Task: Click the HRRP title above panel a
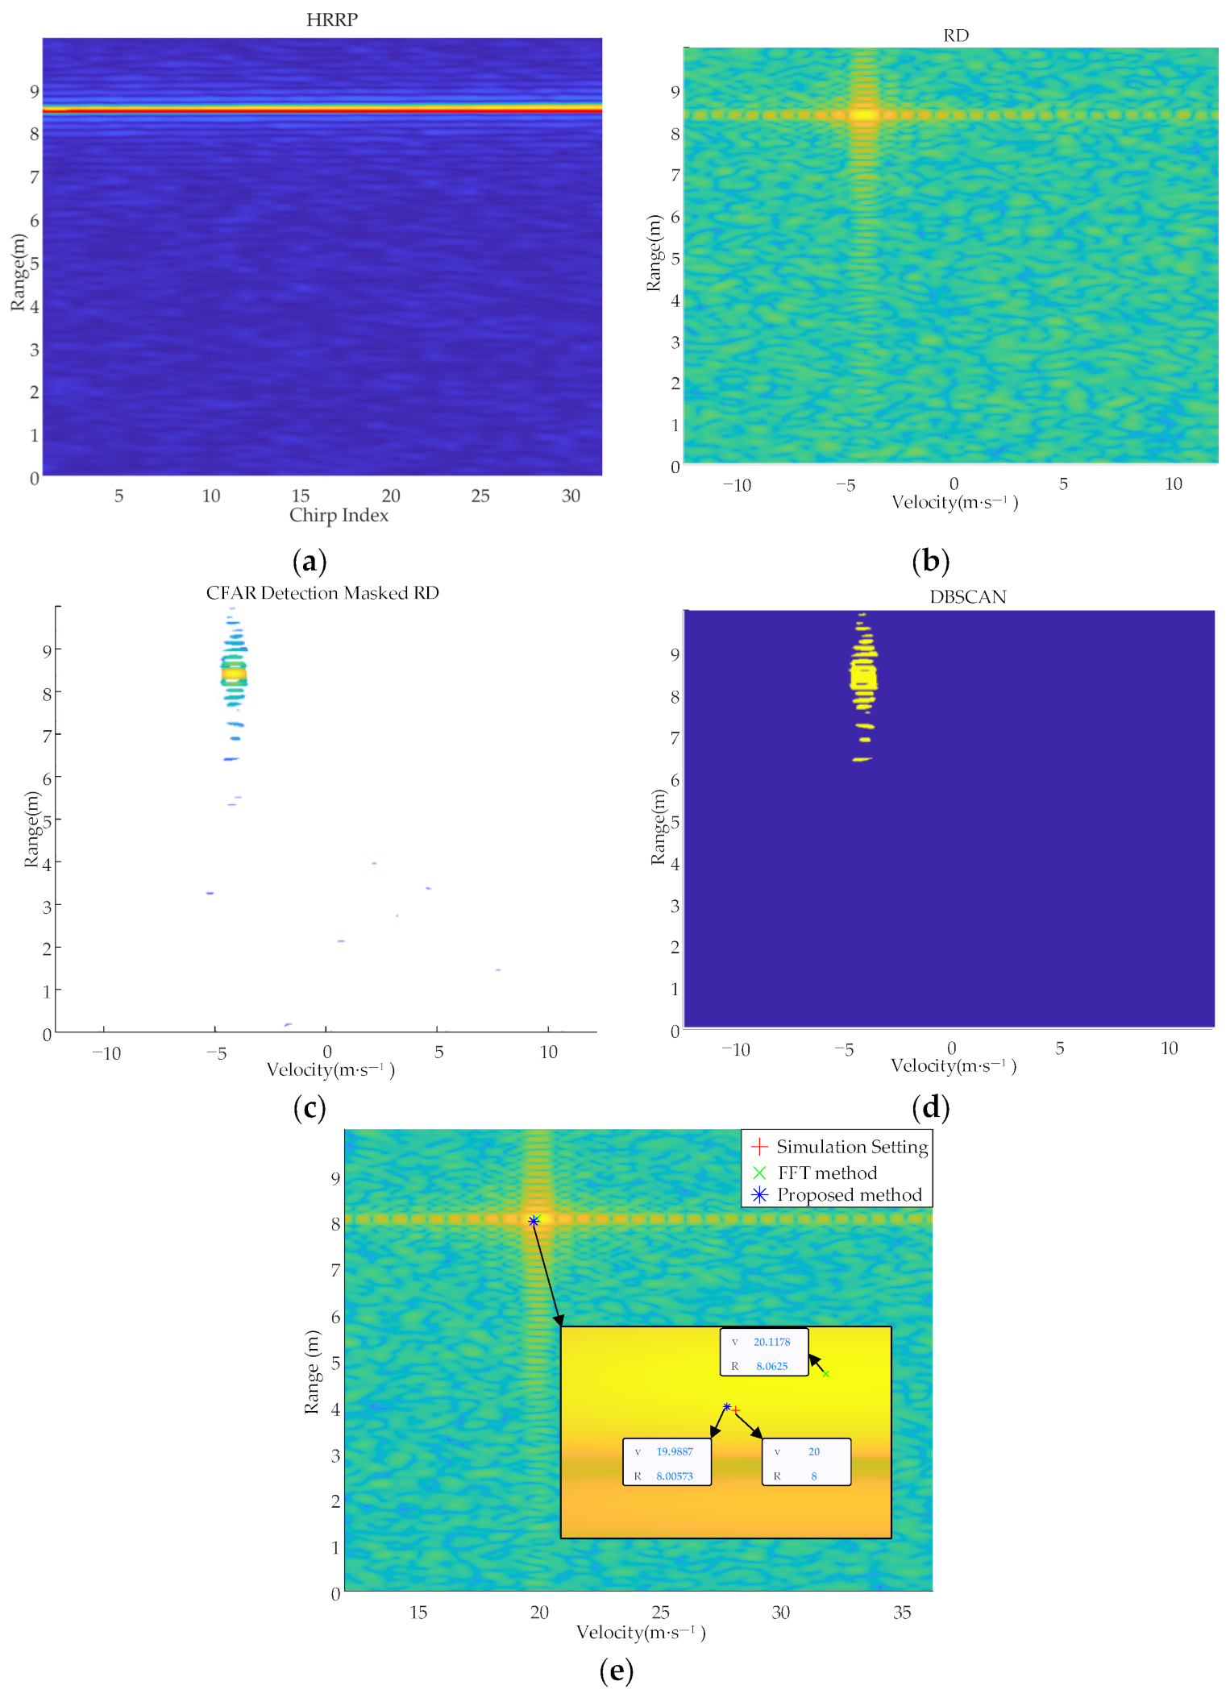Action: [x=331, y=19]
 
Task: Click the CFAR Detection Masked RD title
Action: [x=322, y=593]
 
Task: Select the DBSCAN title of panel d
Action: [x=967, y=597]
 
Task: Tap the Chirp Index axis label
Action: [x=339, y=516]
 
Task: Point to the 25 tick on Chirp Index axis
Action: [x=480, y=496]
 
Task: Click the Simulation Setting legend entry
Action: [x=851, y=1147]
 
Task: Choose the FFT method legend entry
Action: [x=827, y=1173]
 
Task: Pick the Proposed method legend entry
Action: [x=849, y=1195]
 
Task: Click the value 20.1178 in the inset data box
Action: [x=771, y=1342]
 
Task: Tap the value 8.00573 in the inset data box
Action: [x=675, y=1476]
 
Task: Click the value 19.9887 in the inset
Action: [x=675, y=1451]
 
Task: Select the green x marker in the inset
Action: [x=825, y=1373]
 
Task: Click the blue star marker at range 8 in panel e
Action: [x=533, y=1221]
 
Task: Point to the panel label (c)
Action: [x=310, y=1107]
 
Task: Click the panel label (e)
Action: [x=616, y=1671]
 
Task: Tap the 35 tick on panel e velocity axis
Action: [x=902, y=1613]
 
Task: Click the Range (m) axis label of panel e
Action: [x=312, y=1372]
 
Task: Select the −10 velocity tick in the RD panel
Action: [x=736, y=485]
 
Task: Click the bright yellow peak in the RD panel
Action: [x=863, y=114]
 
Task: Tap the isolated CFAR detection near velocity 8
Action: [x=498, y=969]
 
